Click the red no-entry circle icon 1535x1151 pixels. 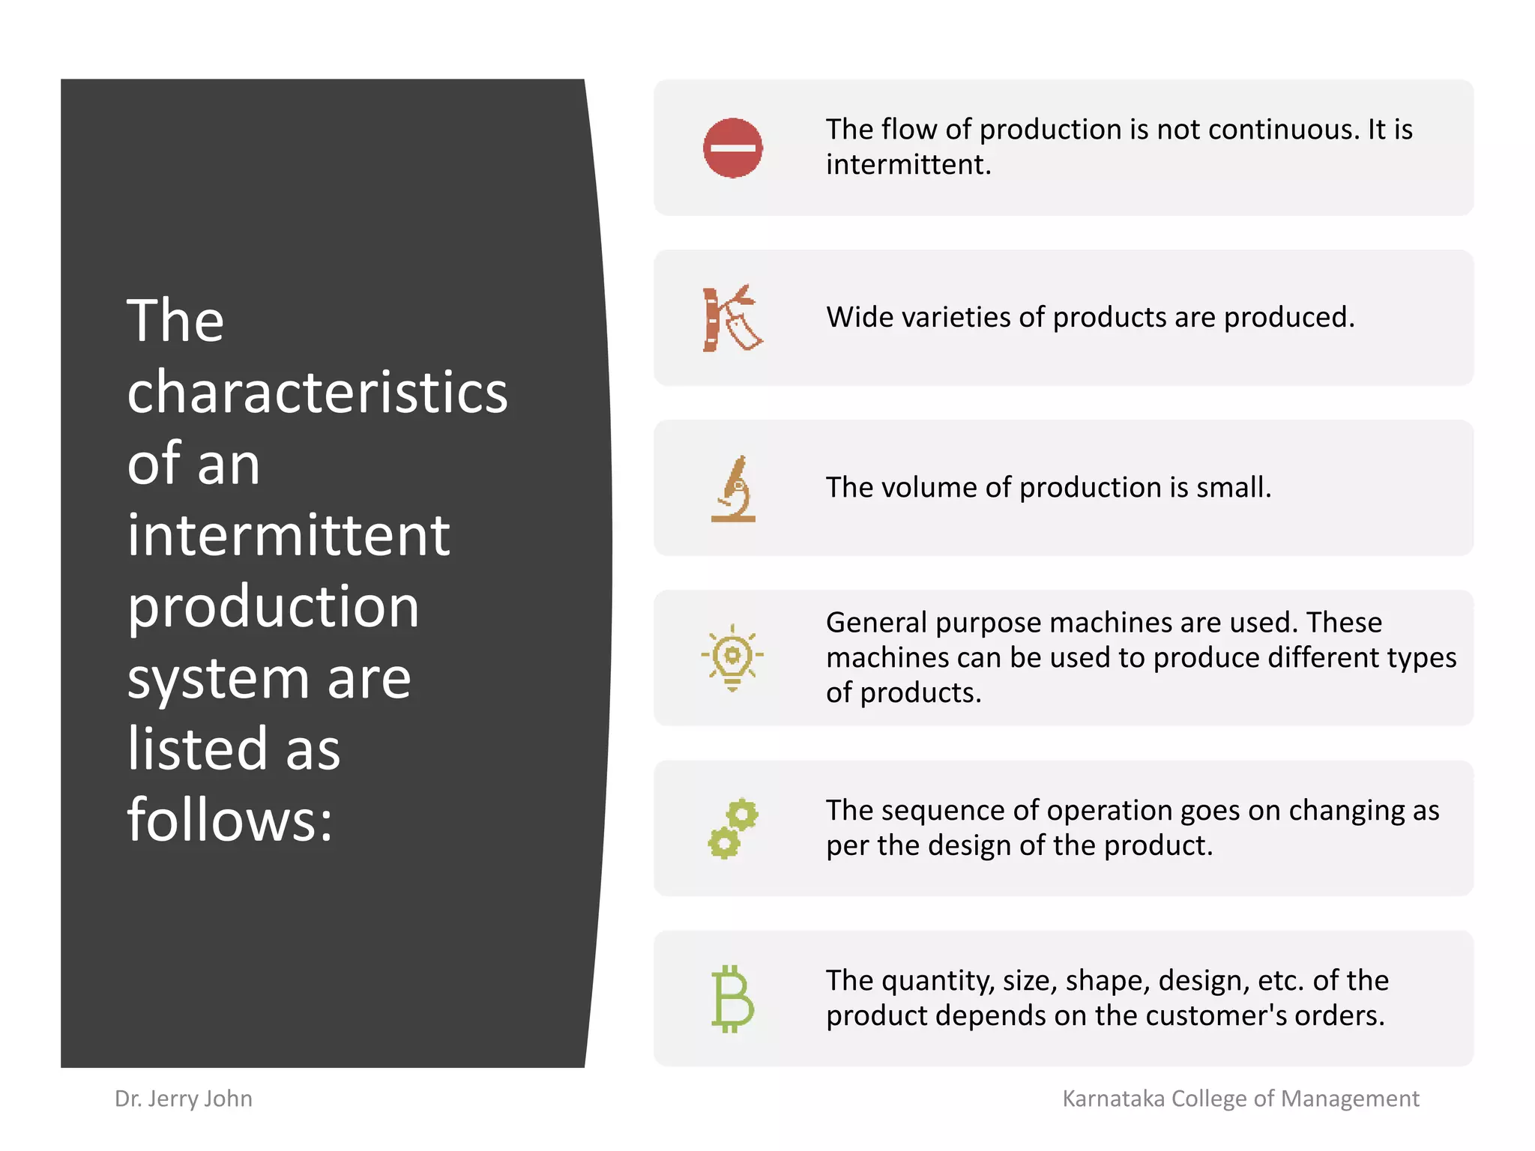click(732, 148)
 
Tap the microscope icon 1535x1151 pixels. click(733, 489)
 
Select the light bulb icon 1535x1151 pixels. click(732, 657)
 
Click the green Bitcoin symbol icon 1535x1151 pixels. click(732, 999)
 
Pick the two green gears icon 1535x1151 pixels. click(732, 828)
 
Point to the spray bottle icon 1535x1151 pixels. click(732, 318)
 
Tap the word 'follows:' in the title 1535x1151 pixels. click(229, 820)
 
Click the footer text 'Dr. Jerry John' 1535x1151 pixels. click(184, 1099)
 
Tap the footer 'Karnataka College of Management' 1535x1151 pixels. click(1240, 1099)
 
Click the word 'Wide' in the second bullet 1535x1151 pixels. click(859, 317)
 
